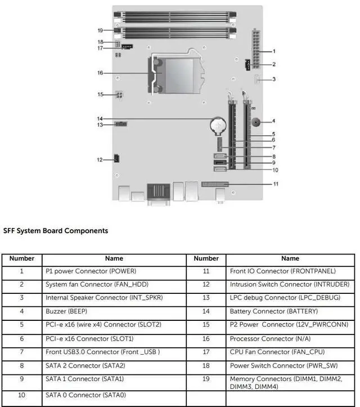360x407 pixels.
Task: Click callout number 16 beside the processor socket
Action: click(x=100, y=73)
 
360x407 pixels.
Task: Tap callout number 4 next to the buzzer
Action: click(x=274, y=121)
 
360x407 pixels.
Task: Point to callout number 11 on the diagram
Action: click(x=276, y=184)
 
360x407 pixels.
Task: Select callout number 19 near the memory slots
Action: click(x=100, y=30)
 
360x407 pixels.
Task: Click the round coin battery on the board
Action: click(x=218, y=122)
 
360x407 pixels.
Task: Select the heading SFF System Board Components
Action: click(x=56, y=231)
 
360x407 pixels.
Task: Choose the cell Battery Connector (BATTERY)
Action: click(x=274, y=311)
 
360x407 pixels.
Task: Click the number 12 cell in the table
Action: click(x=206, y=284)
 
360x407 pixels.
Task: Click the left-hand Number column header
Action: click(x=22, y=258)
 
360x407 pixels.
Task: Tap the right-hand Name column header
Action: click(x=290, y=258)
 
